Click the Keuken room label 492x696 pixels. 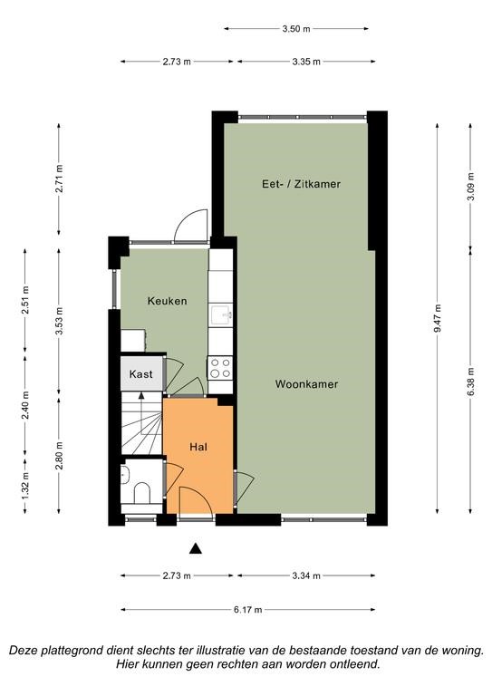click(168, 301)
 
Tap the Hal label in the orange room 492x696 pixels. click(198, 447)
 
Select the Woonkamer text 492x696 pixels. click(306, 384)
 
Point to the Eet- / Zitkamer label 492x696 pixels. click(301, 184)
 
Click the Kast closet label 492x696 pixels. click(140, 374)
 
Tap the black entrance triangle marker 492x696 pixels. click(196, 549)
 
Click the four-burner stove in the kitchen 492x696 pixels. click(220, 368)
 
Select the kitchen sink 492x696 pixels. click(221, 314)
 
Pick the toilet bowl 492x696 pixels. click(142, 494)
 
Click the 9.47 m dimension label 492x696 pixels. click(438, 318)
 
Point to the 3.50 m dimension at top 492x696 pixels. click(296, 29)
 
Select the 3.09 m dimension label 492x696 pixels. click(470, 187)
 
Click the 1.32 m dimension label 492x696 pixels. click(25, 486)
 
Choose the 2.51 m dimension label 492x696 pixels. click(25, 300)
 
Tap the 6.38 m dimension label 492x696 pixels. click(470, 382)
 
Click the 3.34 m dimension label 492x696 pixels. click(306, 576)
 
